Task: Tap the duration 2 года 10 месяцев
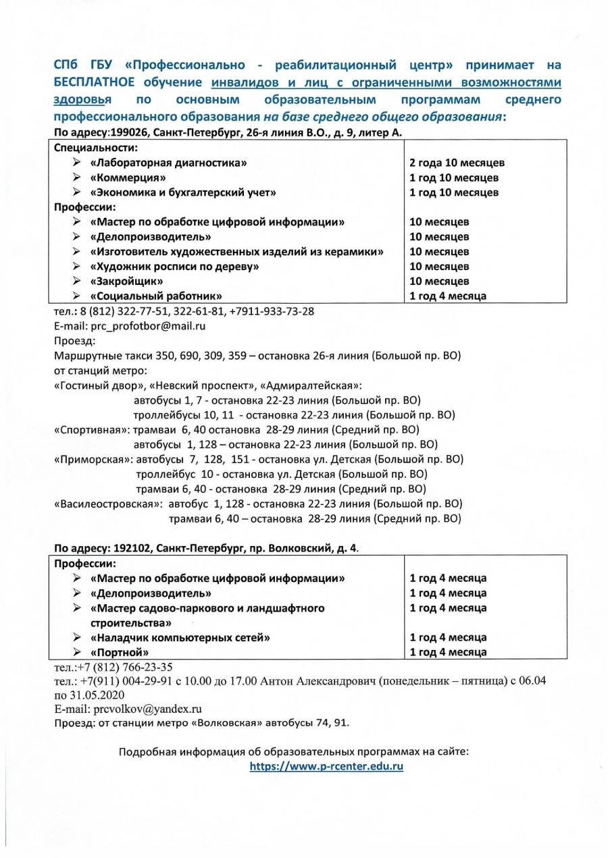(457, 163)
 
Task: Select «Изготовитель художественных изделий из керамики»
(237, 252)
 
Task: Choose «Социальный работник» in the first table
(157, 296)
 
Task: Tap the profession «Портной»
(120, 652)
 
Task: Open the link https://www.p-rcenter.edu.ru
(326, 766)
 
